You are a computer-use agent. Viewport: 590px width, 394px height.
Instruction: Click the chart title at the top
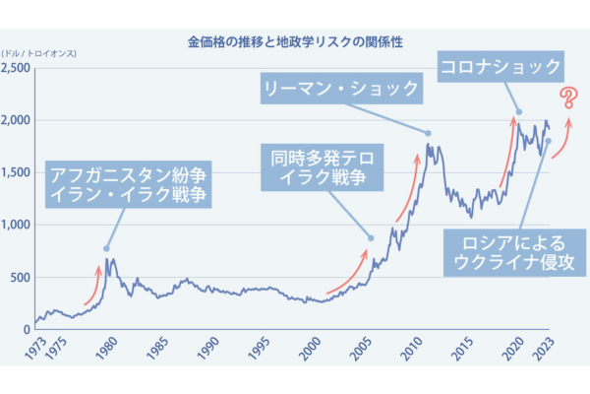(x=295, y=42)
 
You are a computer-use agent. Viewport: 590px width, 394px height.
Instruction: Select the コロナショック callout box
(x=501, y=68)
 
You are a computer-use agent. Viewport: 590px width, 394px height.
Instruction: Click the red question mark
(x=568, y=98)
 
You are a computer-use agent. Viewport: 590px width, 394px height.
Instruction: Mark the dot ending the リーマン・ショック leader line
(x=429, y=133)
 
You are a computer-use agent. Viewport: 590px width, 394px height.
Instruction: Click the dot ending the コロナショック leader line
(x=519, y=111)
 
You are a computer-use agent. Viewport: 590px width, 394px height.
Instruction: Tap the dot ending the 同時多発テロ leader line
(x=371, y=237)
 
